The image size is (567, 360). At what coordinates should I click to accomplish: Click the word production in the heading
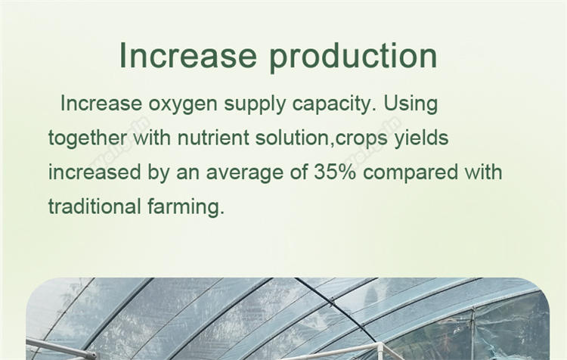(x=353, y=57)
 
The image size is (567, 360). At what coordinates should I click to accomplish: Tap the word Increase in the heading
(x=188, y=55)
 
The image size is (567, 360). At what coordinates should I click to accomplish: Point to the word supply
(x=255, y=104)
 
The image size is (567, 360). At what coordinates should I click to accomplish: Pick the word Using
(x=411, y=104)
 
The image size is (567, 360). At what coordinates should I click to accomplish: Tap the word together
(x=88, y=138)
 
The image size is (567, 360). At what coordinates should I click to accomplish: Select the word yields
(x=421, y=138)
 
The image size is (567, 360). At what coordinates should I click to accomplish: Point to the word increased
(x=94, y=172)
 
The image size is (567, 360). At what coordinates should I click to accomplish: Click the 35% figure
(x=335, y=172)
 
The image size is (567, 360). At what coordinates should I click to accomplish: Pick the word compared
(x=411, y=173)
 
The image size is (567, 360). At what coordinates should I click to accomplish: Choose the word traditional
(x=94, y=206)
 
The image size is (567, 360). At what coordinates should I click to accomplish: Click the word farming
(x=186, y=207)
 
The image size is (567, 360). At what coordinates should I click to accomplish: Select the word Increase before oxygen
(x=101, y=104)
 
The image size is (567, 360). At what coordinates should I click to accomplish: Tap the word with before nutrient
(x=152, y=138)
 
